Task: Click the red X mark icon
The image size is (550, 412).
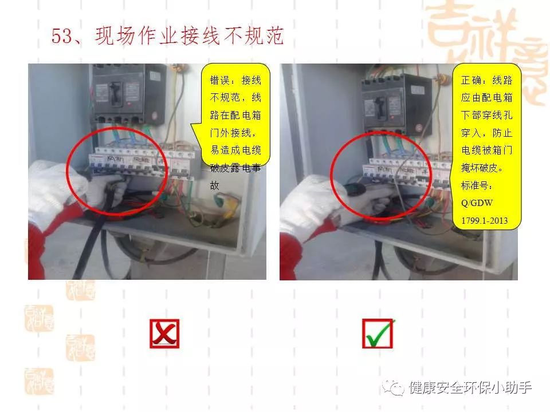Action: pyautogui.click(x=164, y=334)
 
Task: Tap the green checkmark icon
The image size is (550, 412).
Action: pyautogui.click(x=378, y=334)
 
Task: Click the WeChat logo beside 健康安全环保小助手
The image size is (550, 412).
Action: pyautogui.click(x=396, y=388)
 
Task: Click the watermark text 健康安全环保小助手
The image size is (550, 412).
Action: pyautogui.click(x=470, y=388)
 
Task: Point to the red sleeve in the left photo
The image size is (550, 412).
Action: pyautogui.click(x=49, y=240)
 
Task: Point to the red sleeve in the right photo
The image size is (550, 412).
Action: pyautogui.click(x=292, y=252)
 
